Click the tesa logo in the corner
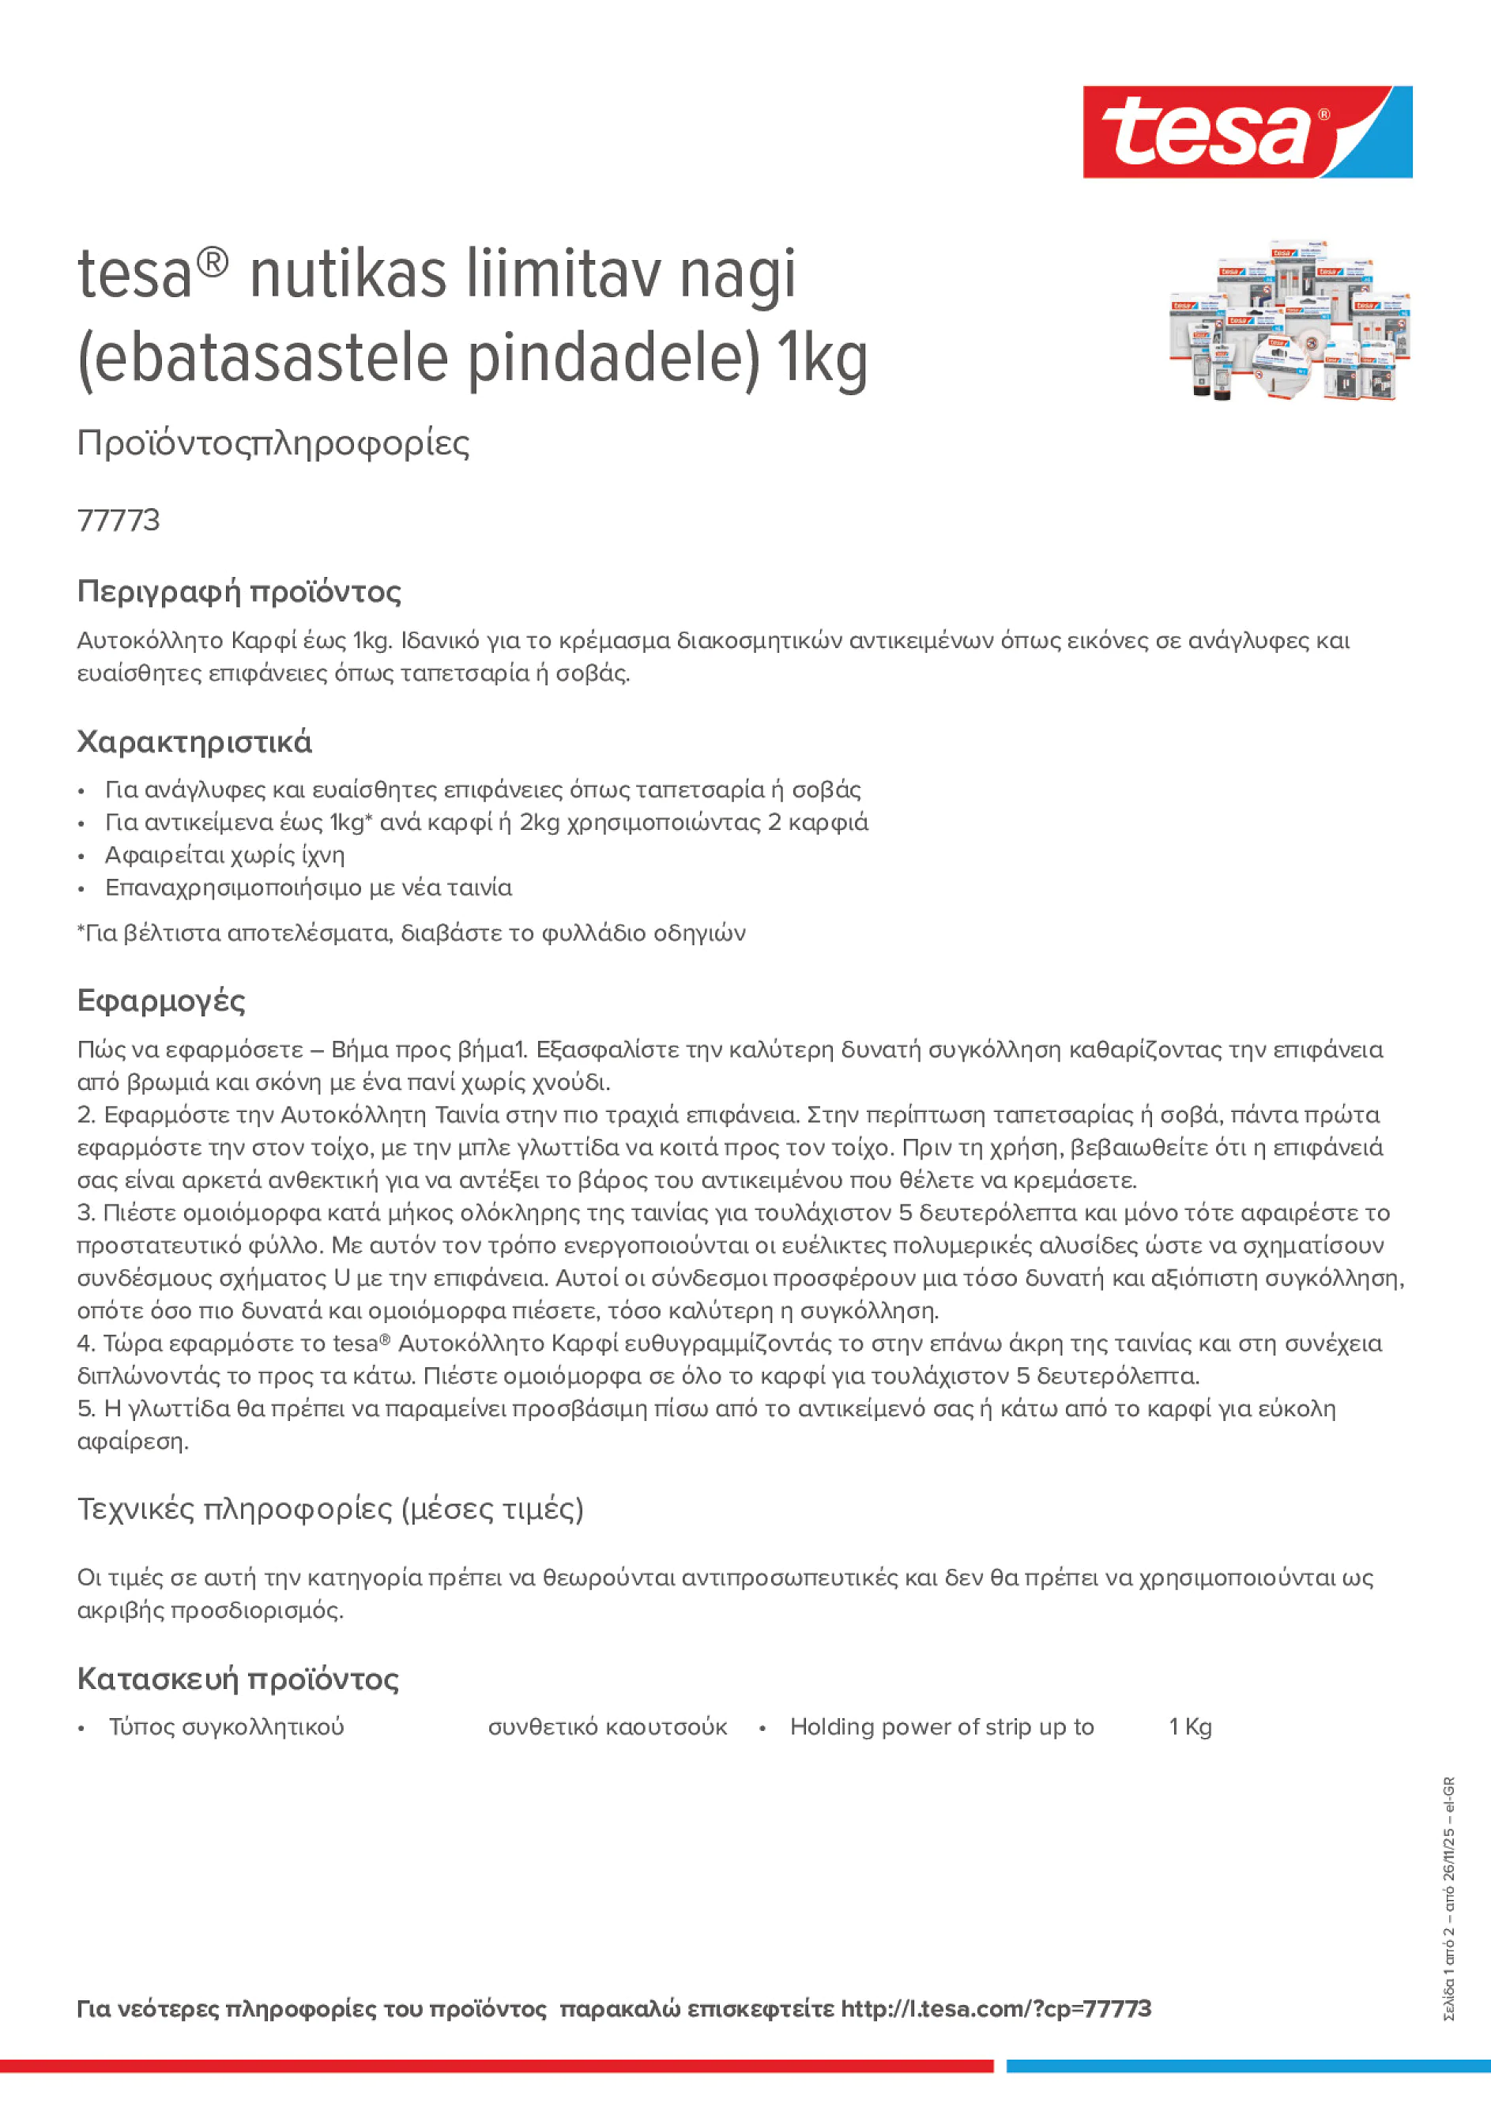[1247, 131]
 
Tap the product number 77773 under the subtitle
[119, 520]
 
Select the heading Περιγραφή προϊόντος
[239, 591]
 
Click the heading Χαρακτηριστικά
[194, 741]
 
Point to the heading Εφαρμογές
[161, 1001]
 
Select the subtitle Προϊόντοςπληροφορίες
[273, 443]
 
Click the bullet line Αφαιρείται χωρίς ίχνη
[224, 855]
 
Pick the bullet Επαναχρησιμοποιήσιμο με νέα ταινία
[308, 888]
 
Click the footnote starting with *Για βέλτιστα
[411, 933]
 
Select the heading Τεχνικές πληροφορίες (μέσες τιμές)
[330, 1510]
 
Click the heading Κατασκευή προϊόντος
[238, 1679]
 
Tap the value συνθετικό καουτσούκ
[607, 1727]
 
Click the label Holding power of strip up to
[941, 1727]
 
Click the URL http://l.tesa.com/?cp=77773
[996, 2009]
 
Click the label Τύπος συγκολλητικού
[226, 1727]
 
